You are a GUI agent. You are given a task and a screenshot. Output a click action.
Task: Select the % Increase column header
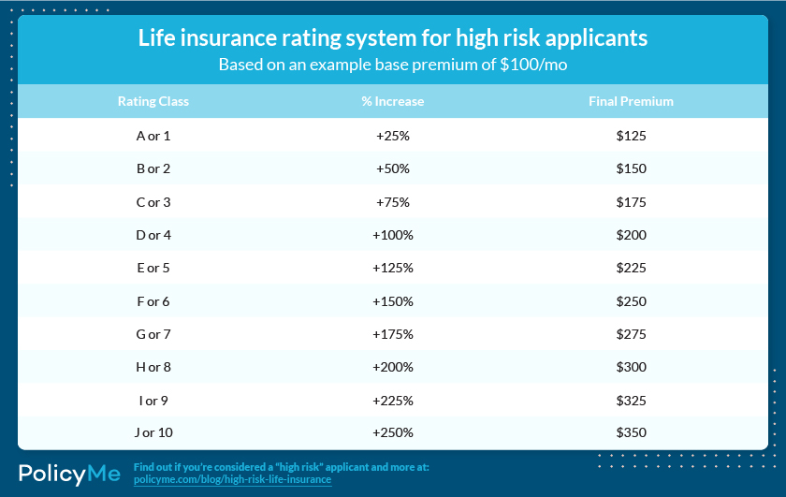[392, 101]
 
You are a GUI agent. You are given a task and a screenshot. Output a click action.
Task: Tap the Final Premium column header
[631, 101]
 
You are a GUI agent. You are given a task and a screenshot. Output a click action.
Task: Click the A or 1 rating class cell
[153, 136]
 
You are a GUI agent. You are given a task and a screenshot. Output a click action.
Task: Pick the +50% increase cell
[393, 168]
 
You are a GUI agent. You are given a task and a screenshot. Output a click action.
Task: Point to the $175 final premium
[631, 201]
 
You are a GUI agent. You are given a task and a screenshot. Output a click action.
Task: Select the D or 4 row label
[153, 235]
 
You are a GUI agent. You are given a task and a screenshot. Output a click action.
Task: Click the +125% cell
[393, 268]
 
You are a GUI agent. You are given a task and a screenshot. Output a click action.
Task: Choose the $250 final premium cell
[631, 300]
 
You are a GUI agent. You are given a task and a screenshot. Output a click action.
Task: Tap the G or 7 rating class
[153, 333]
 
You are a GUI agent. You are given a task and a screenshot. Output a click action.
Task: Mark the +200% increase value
[393, 366]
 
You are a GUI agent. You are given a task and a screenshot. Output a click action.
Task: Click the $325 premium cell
[631, 400]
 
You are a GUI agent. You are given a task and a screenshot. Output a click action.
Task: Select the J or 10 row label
[153, 432]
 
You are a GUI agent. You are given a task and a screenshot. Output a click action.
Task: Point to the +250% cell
[393, 432]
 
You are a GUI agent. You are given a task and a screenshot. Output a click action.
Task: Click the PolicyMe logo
[70, 474]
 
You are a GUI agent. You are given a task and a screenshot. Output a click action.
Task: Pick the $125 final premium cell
[631, 136]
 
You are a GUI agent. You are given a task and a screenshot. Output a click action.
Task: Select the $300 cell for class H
[631, 366]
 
